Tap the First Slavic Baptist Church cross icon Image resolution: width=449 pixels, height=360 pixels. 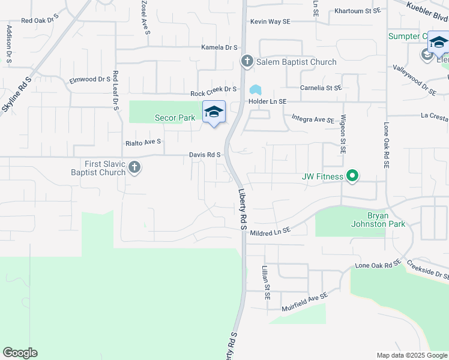[134, 167]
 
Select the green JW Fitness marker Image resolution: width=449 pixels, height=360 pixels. [353, 176]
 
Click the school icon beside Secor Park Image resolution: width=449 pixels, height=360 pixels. [214, 112]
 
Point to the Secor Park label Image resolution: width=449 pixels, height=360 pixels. [175, 118]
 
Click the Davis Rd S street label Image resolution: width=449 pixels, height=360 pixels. [205, 155]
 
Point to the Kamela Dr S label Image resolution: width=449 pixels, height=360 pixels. [219, 47]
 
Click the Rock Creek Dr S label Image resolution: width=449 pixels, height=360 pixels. [214, 94]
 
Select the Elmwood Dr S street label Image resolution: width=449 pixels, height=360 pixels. [90, 79]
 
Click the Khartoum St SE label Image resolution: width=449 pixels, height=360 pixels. [357, 11]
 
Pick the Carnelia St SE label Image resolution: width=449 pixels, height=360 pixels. [321, 88]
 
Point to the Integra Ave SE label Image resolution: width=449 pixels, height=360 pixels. [313, 119]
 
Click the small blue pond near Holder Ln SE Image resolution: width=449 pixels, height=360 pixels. [256, 90]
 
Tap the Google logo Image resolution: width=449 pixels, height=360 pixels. [20, 353]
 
